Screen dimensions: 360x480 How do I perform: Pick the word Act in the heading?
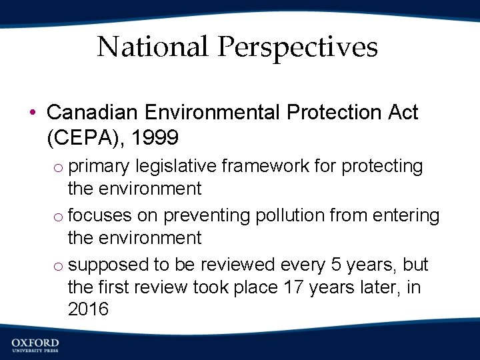[x=402, y=113]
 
